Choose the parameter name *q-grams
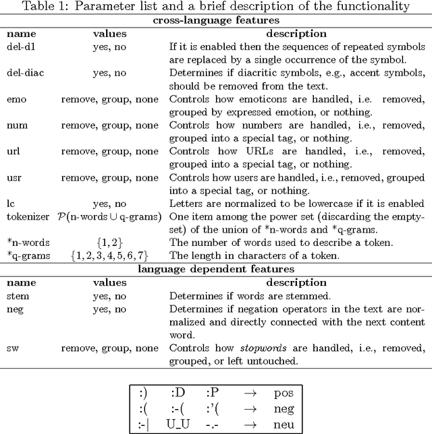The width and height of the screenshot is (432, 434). (28, 255)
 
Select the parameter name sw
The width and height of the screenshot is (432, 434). (13, 348)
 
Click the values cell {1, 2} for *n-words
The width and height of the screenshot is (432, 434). (109, 242)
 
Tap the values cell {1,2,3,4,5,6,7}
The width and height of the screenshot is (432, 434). (109, 255)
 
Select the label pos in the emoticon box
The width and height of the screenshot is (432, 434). (284, 393)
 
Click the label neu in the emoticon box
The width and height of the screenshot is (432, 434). (284, 424)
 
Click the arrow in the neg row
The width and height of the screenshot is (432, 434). (251, 408)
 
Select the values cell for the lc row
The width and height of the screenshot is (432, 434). (109, 203)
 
